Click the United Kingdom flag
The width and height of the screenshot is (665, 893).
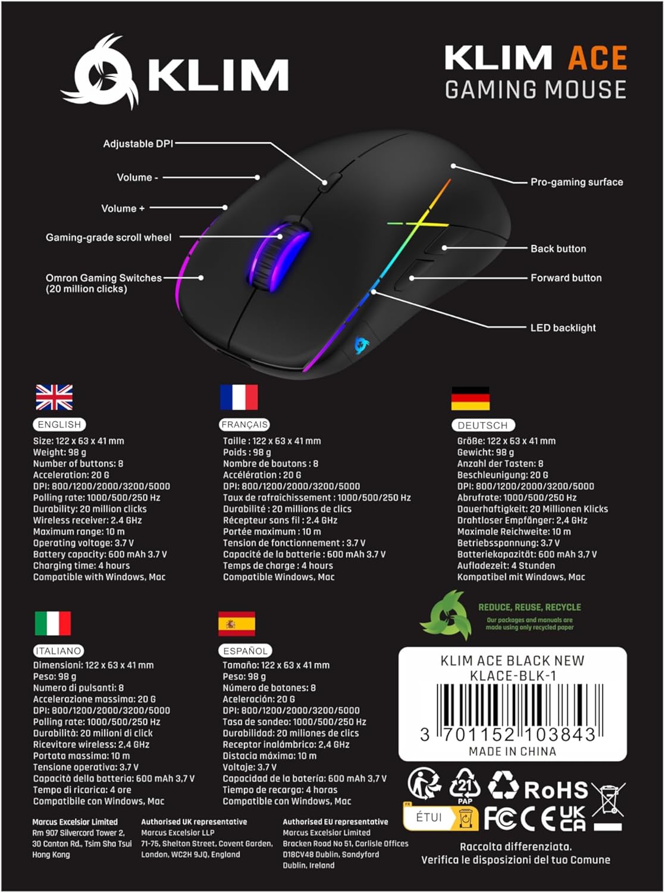pyautogui.click(x=54, y=397)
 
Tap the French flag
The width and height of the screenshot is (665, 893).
pyautogui.click(x=239, y=397)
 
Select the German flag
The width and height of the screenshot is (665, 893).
pyautogui.click(x=470, y=398)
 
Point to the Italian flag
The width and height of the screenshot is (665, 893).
pyautogui.click(x=52, y=623)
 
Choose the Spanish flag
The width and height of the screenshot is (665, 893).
pyautogui.click(x=236, y=623)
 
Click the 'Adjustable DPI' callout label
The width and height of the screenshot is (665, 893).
pyautogui.click(x=137, y=143)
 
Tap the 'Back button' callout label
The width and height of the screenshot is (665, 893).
pyautogui.click(x=558, y=249)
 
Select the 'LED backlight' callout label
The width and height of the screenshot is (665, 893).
pyautogui.click(x=563, y=328)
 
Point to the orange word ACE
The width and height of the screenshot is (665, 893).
pyautogui.click(x=597, y=58)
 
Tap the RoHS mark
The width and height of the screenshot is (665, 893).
pyautogui.click(x=556, y=789)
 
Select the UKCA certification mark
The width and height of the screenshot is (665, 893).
pyautogui.click(x=572, y=819)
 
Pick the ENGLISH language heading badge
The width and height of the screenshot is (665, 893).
pyautogui.click(x=59, y=424)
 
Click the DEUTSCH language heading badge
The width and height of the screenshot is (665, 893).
pyautogui.click(x=482, y=425)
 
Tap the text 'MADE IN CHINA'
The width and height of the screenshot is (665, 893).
pyautogui.click(x=512, y=751)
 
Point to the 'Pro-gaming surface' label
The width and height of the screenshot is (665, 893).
pyautogui.click(x=576, y=182)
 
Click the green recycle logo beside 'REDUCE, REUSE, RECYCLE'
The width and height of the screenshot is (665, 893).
pyautogui.click(x=446, y=615)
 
